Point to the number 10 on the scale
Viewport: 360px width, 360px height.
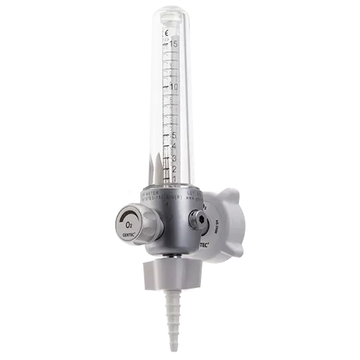click(x=173, y=87)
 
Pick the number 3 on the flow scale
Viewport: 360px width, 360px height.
click(x=174, y=158)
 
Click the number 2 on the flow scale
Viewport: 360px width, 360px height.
click(x=174, y=168)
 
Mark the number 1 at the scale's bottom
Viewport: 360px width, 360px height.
click(x=174, y=179)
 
